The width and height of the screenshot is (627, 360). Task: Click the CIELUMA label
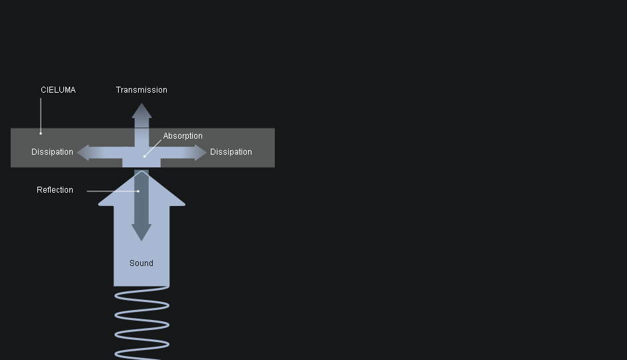58,90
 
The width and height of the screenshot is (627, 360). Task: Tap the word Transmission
141,90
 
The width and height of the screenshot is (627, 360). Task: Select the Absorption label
183,136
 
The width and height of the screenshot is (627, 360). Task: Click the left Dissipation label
53,152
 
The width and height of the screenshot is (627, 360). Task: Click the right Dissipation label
231,152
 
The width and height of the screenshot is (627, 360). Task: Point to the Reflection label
55,190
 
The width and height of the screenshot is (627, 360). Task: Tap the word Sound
141,263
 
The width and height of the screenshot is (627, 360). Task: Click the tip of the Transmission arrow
141,103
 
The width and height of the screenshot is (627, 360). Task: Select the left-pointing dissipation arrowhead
83,153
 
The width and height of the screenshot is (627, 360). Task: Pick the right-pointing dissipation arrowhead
201,153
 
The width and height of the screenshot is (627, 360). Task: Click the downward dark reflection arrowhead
141,233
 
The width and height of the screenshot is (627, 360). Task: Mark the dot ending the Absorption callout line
144,156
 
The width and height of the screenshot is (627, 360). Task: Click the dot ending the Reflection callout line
138,191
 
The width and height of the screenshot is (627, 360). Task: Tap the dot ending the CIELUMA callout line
41,133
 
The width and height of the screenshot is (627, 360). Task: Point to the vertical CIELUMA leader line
41,115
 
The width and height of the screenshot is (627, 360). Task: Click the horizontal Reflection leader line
112,191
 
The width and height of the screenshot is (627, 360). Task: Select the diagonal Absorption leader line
153,148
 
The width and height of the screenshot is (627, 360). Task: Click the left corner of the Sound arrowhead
98,205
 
